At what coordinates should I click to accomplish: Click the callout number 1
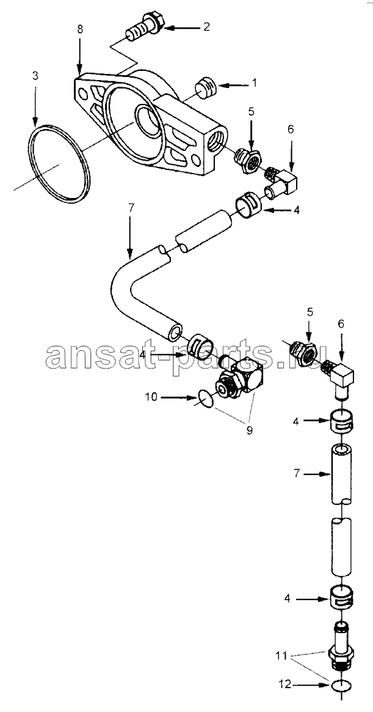(x=255, y=83)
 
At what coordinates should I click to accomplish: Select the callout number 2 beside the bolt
(x=206, y=27)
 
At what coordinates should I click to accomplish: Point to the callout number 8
(x=80, y=31)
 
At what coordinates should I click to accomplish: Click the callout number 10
(x=151, y=397)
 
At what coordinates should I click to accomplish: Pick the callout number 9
(x=249, y=430)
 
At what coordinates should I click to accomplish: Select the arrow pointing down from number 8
(x=80, y=56)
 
